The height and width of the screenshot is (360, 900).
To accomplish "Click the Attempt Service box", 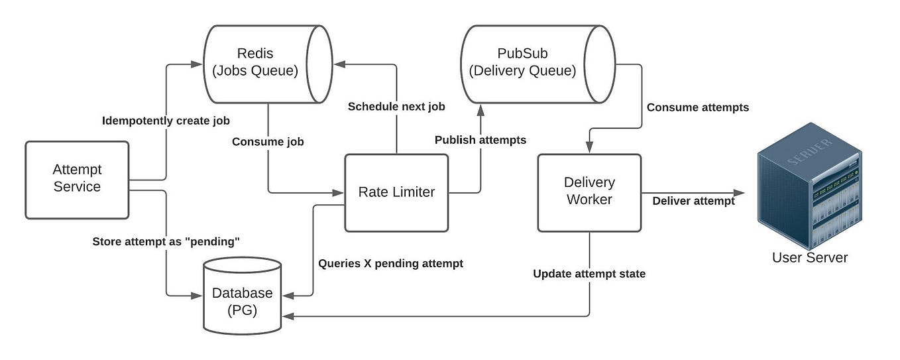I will coord(77,180).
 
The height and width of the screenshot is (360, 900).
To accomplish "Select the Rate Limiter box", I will coord(396,192).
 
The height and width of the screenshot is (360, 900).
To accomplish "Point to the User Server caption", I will coord(810,258).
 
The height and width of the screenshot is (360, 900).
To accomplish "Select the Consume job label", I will coord(268,142).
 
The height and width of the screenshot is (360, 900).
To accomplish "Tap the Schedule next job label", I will coord(396,107).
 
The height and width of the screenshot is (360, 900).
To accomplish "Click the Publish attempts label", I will coord(480,140).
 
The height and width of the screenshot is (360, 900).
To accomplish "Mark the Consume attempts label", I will coord(697,107).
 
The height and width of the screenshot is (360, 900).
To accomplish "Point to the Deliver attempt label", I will coord(693,201).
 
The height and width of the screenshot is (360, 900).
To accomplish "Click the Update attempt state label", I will coord(589,274).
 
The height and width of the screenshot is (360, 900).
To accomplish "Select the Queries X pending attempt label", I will coord(390,263).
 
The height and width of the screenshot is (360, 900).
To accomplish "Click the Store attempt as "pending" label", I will coord(165,242).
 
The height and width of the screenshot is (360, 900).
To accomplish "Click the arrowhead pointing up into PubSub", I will coord(480,109).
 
